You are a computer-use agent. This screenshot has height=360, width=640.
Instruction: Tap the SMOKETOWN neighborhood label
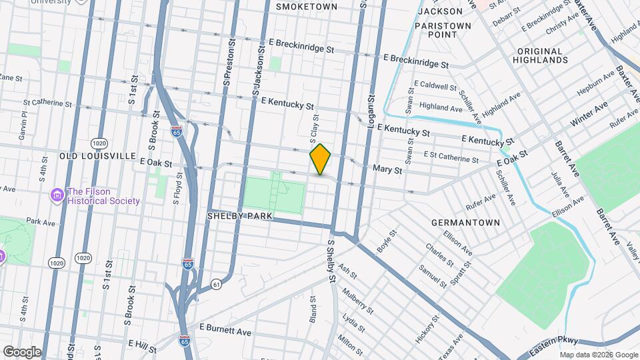click(x=307, y=6)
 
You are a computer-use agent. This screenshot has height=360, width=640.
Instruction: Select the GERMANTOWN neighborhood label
click(x=465, y=222)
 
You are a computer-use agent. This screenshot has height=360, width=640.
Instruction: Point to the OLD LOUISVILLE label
click(x=97, y=155)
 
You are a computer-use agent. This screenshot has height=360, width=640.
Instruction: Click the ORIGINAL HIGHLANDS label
click(x=541, y=55)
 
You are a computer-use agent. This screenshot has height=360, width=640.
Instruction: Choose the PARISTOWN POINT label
click(x=443, y=30)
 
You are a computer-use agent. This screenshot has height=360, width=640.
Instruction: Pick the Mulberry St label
click(x=357, y=301)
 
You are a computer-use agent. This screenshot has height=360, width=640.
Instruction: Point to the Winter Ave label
click(x=589, y=115)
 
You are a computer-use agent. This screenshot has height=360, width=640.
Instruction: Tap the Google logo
click(x=22, y=351)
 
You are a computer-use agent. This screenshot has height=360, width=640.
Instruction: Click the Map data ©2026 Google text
click(x=598, y=355)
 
